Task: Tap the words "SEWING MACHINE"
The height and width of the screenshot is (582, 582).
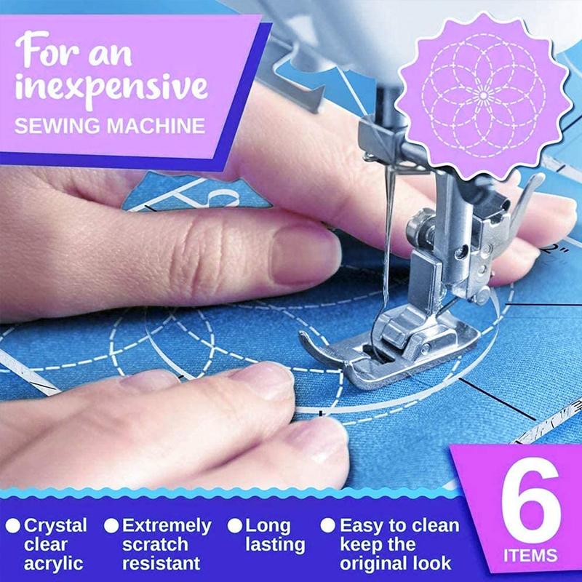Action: (x=110, y=126)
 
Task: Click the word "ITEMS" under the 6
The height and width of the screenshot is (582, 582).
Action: (x=530, y=556)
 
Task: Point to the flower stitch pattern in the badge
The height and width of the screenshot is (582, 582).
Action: (x=483, y=96)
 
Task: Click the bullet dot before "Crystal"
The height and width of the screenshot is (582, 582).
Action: (x=13, y=525)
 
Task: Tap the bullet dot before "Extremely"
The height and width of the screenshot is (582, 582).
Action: (x=111, y=525)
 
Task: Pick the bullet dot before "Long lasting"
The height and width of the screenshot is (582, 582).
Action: (x=234, y=525)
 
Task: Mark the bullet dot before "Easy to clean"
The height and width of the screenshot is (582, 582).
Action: (x=328, y=525)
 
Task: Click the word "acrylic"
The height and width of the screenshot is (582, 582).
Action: (x=54, y=564)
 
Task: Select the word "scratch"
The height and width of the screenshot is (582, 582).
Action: (x=155, y=544)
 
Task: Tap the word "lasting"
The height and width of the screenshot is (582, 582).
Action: (x=275, y=545)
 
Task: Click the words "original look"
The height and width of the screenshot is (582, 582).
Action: (x=396, y=564)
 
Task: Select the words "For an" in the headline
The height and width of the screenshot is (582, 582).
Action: (x=73, y=51)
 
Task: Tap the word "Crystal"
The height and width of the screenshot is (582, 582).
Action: (x=56, y=526)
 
